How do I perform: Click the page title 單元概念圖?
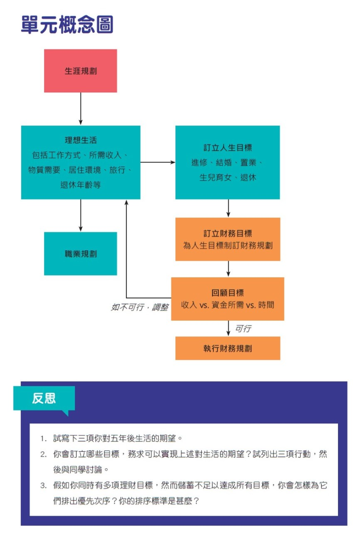pos(67,24)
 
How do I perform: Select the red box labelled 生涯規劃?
pos(81,71)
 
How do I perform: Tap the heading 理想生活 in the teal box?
pos(81,140)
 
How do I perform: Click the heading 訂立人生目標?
pos(228,148)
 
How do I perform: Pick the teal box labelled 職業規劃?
pos(81,254)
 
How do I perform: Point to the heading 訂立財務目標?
pos(228,234)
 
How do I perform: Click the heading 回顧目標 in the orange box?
pos(228,293)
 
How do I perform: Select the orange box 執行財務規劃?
pos(228,348)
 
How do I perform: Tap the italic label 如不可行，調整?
pos(140,307)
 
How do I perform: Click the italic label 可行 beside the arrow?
pos(243,329)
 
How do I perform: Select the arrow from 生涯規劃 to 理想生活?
pos(81,109)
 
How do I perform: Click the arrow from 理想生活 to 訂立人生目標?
pos(158,162)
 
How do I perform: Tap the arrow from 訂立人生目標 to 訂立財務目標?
pos(229,208)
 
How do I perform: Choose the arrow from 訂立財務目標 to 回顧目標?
pos(229,269)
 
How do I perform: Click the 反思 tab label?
pos(44,398)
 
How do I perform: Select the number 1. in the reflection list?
pos(43,439)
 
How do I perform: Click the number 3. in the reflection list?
pos(43,485)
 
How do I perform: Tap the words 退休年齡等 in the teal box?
pos(81,185)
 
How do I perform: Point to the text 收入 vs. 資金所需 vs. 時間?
pos(228,305)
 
